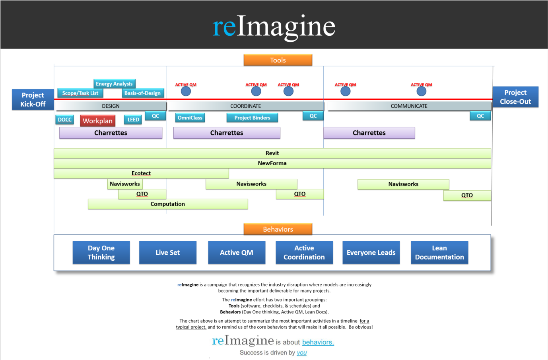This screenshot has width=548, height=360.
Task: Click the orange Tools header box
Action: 278,60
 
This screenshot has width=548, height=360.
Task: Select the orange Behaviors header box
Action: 278,229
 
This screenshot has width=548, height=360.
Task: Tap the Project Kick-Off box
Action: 33,100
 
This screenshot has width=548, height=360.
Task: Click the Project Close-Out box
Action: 515,97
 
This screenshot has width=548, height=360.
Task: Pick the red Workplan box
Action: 97,121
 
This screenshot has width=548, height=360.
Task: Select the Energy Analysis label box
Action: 114,84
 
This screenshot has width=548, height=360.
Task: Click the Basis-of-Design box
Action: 142,93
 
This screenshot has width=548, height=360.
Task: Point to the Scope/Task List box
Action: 80,93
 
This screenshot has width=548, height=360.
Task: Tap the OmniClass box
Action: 190,118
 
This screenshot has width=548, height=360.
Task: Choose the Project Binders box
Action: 252,118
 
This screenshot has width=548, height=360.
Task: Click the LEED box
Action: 133,120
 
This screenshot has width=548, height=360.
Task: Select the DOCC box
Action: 64,120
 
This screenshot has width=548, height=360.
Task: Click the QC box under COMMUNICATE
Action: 480,116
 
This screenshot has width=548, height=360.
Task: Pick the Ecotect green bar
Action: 141,173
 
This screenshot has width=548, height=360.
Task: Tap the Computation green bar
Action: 167,204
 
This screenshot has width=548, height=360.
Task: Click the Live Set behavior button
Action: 167,252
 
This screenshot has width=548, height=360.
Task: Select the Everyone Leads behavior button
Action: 371,252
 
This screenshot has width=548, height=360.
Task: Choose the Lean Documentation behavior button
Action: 439,252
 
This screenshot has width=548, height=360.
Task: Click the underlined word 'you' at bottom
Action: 301,353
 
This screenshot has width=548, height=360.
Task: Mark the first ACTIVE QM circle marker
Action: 186,91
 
